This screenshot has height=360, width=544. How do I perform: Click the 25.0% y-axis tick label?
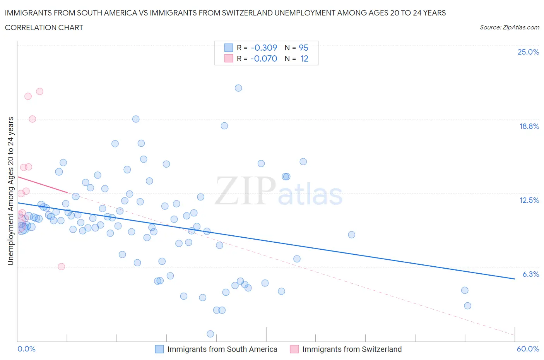coord(528,52)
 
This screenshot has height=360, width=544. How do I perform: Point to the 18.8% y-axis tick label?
coord(529,126)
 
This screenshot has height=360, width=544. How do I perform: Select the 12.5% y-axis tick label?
coord(529,200)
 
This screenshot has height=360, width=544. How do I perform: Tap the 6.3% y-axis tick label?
coord(530,274)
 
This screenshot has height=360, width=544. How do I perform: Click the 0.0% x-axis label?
coord(27,349)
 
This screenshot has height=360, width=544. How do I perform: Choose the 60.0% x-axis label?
coord(528,349)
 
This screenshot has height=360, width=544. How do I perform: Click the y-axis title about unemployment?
coord(10,191)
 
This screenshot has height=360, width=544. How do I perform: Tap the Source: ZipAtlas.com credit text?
coord(509,27)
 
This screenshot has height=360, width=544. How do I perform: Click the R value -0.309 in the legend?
coord(264,48)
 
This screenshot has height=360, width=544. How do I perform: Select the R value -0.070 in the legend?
coord(264,58)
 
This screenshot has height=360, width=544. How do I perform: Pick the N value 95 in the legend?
coord(303,48)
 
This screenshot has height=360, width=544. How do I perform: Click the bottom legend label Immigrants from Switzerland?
coord(352,349)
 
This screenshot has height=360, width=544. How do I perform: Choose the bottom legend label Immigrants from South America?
coord(222,349)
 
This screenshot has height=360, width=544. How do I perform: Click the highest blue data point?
coord(238,88)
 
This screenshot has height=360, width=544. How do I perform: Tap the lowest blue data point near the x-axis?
coord(210,334)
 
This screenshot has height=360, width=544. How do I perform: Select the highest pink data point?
coord(39,91)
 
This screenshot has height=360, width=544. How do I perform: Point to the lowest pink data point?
coord(61,266)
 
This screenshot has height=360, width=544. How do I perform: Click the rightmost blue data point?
coord(467,306)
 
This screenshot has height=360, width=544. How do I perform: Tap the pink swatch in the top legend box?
coord(229,58)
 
